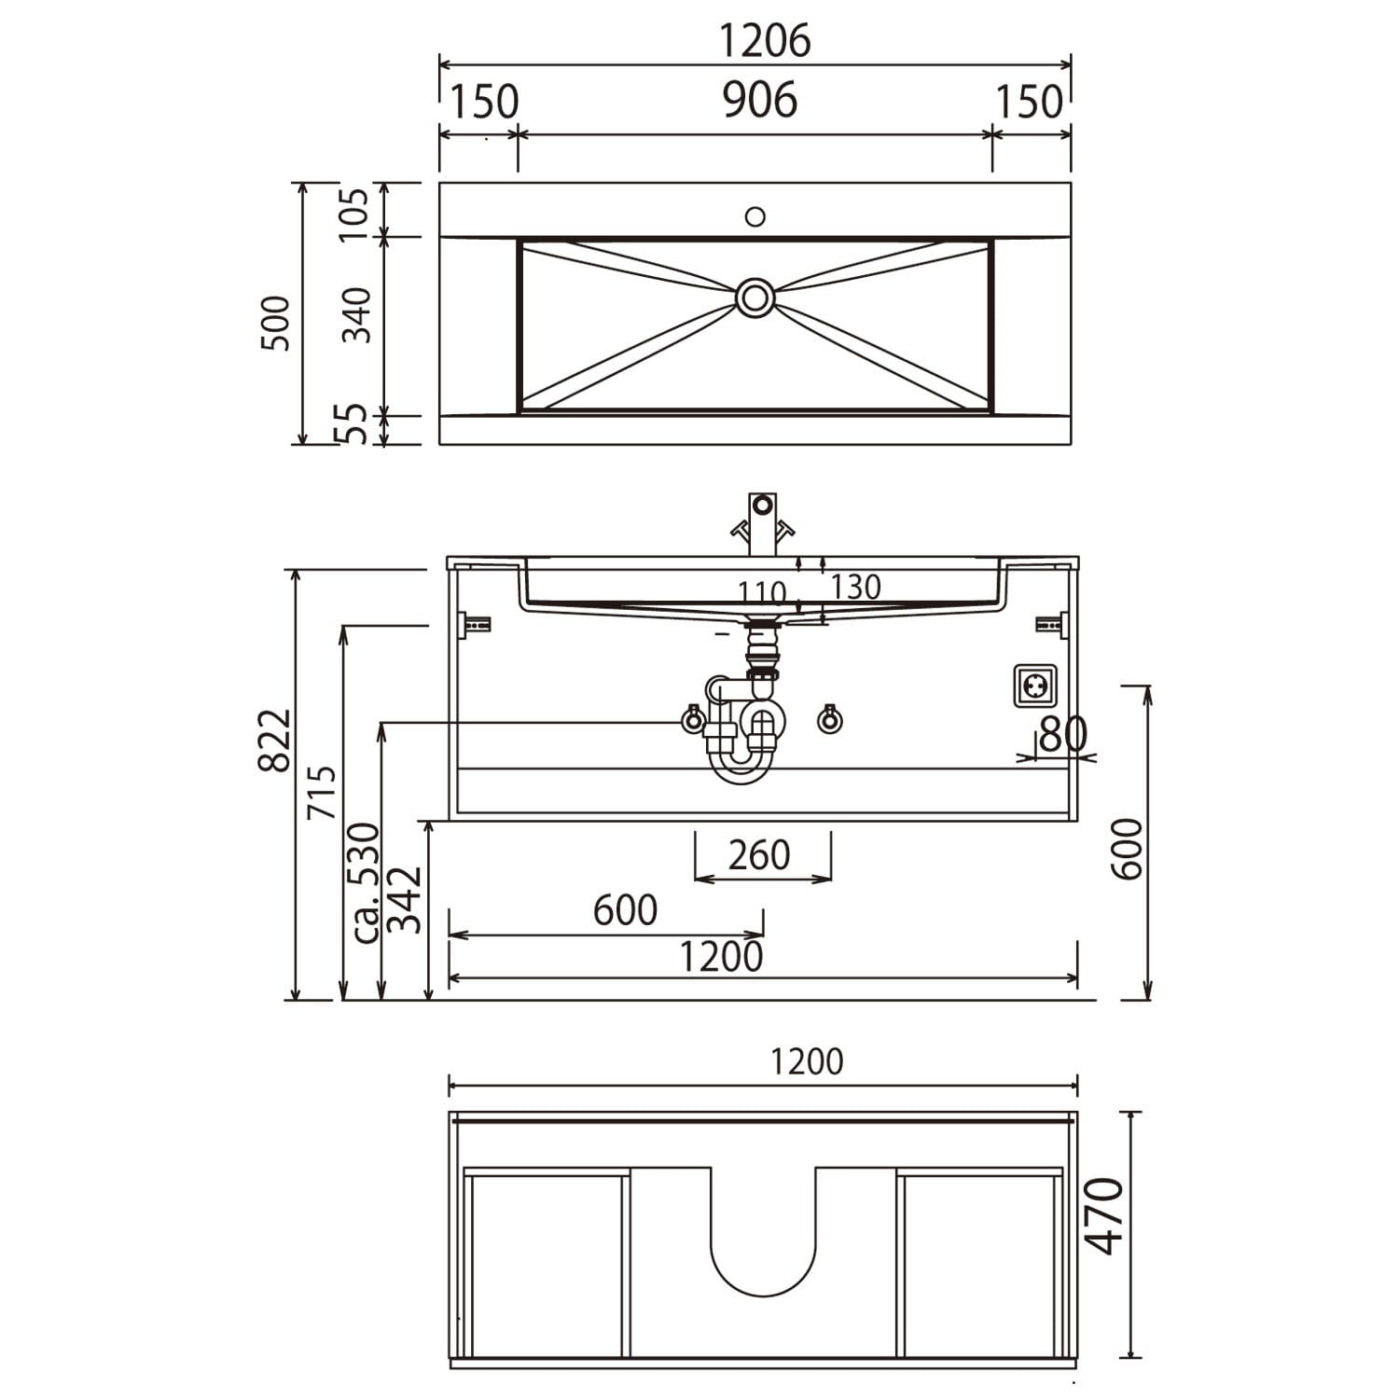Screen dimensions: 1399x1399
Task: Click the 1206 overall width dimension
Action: [x=764, y=41]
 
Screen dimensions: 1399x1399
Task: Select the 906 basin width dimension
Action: [x=760, y=100]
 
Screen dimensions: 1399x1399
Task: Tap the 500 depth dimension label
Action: [x=276, y=323]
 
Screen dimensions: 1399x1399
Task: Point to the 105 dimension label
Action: [x=355, y=214]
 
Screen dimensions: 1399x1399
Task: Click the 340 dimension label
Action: [x=355, y=315]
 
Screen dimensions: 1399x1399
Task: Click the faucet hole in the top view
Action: [x=755, y=216]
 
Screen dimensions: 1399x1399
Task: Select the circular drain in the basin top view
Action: [x=755, y=298]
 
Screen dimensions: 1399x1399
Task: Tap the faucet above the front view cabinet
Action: [x=763, y=524]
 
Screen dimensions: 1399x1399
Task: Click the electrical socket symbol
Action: [x=1035, y=686]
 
